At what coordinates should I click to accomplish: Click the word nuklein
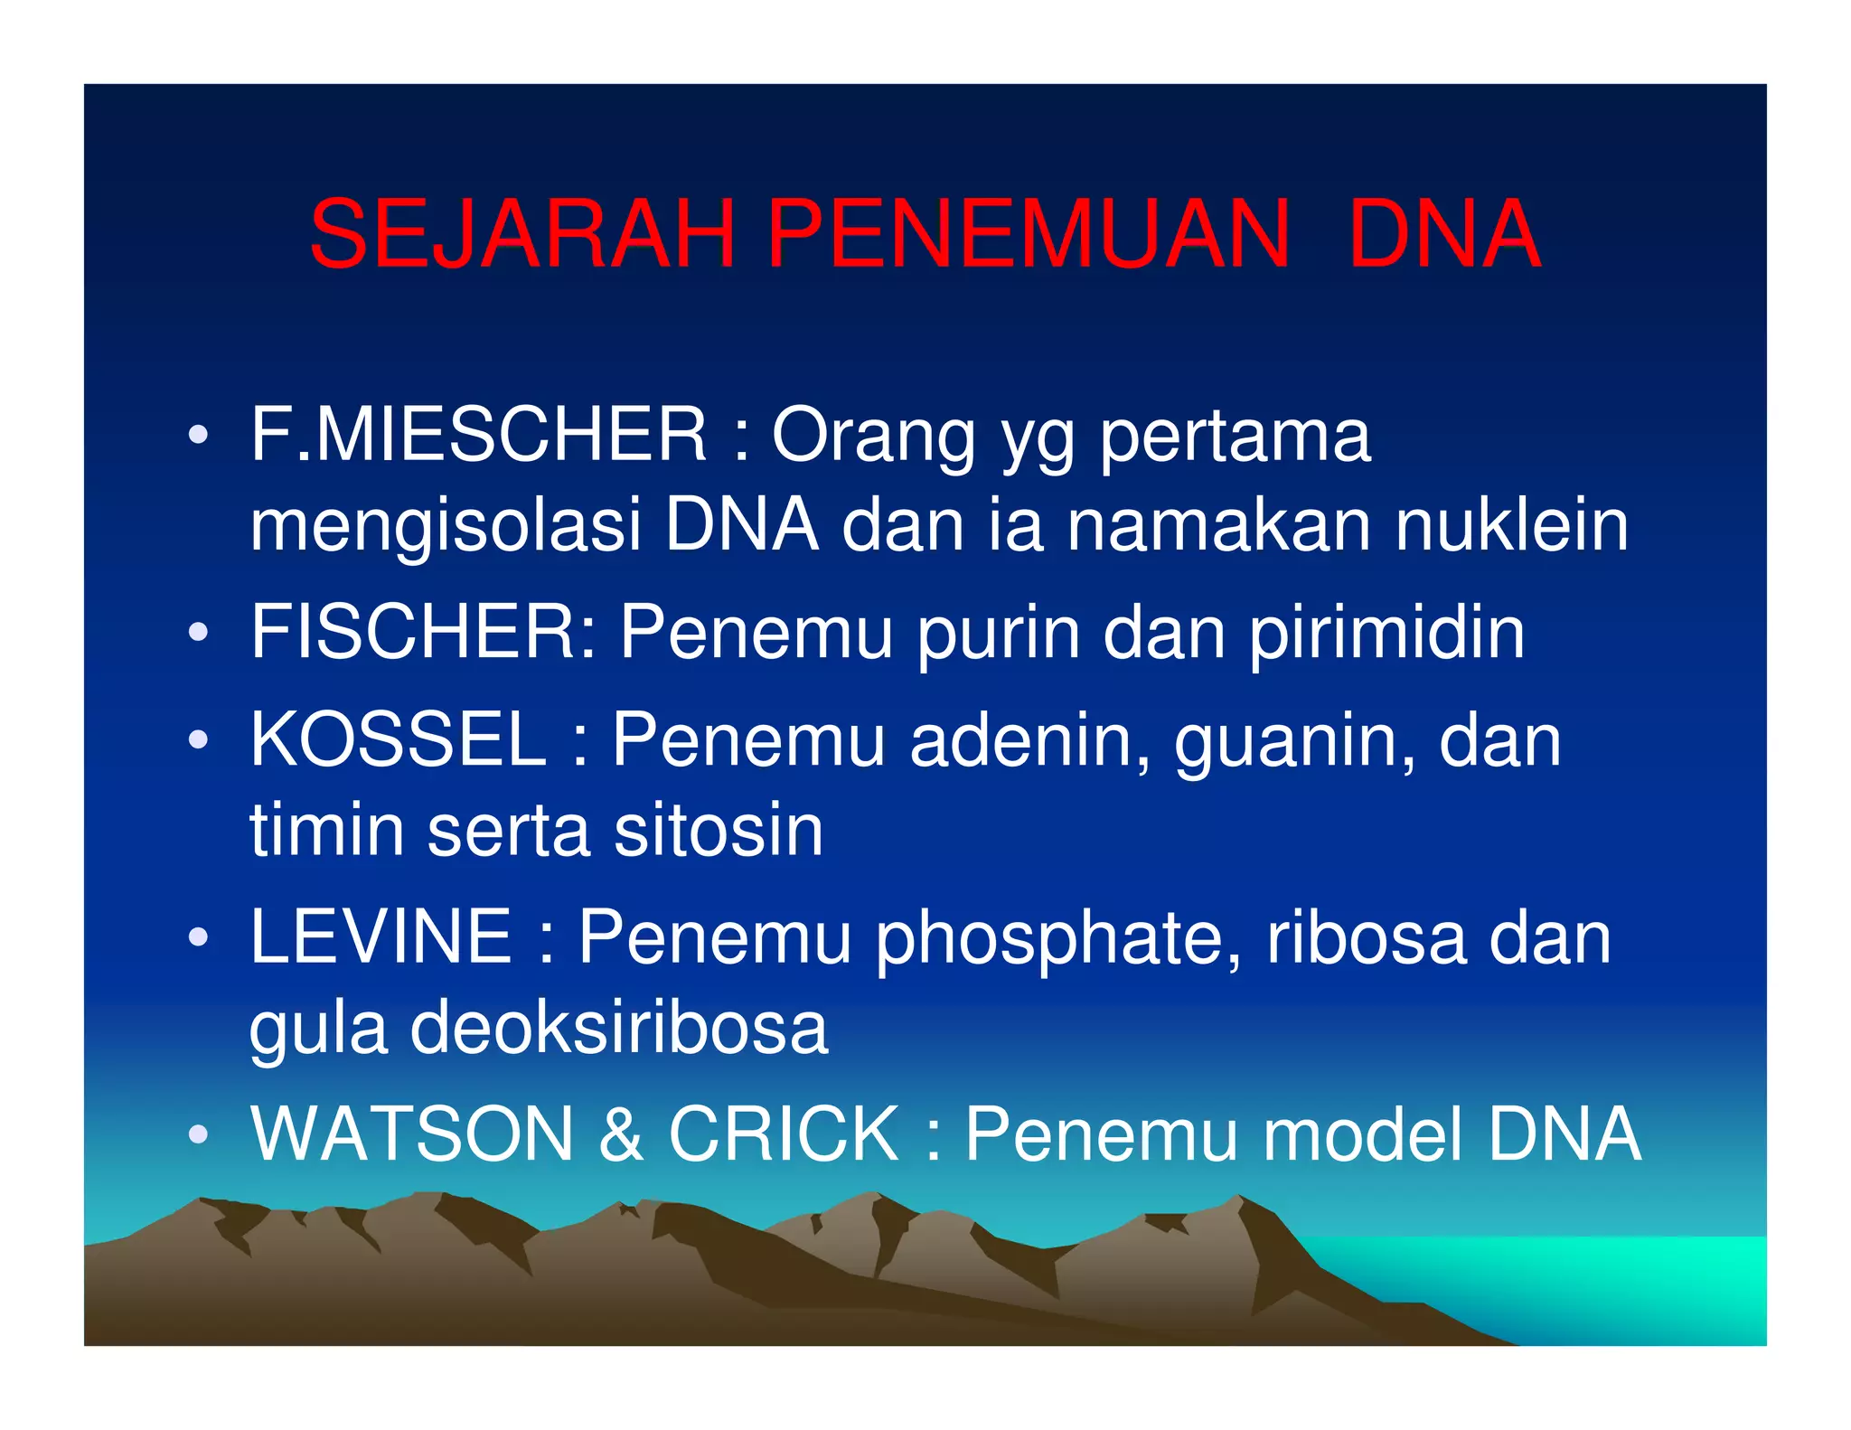click(x=1512, y=525)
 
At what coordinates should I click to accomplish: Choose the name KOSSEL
click(x=399, y=740)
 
